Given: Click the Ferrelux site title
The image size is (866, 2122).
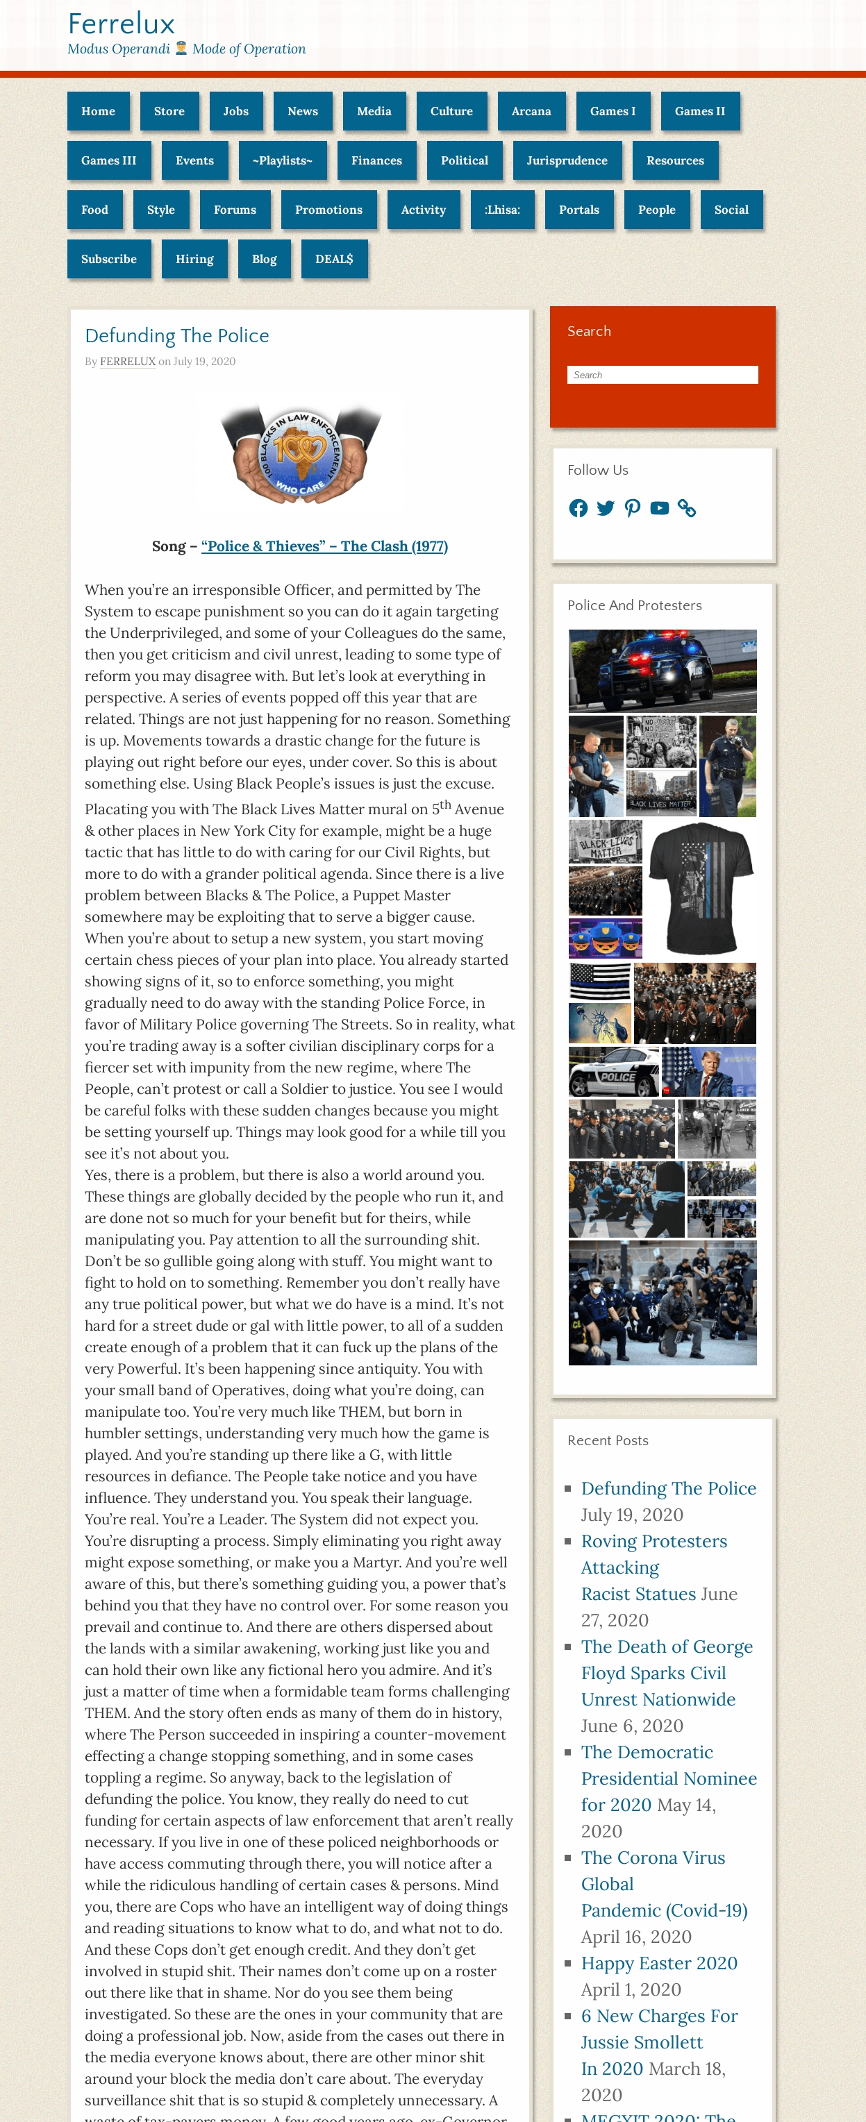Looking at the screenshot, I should coord(121,24).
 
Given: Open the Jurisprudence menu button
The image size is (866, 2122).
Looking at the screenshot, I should coord(566,160).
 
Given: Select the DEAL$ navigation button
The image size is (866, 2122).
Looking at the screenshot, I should coord(334,259).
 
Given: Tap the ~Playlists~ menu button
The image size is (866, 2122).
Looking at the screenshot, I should coord(282,160).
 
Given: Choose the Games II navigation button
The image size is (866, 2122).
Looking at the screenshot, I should coord(699,111).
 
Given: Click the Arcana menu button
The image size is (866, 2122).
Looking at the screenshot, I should coord(531,111).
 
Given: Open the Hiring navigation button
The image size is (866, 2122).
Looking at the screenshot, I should coord(194,259).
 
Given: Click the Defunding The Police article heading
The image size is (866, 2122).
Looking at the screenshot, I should coord(176,335).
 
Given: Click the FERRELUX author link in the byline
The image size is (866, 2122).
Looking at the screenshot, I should coord(128,362).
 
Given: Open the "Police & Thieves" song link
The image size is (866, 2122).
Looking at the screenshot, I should coord(324,546).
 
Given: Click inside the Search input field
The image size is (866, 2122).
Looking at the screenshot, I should coord(662,375).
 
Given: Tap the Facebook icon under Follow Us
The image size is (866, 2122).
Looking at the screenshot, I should coord(578,508).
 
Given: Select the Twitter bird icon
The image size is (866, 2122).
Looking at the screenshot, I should coord(606,508).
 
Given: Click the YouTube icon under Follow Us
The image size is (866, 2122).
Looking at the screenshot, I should coord(659,508).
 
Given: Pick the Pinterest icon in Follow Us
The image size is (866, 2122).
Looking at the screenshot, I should coord(632,508).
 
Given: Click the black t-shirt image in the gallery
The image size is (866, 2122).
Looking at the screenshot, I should coord(701,888).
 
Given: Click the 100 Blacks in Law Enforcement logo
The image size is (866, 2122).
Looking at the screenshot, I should coord(300,453).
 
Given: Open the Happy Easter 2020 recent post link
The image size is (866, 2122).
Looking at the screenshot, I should coord(658,1963).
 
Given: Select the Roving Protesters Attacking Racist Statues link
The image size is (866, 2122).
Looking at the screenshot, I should coord(653,1567).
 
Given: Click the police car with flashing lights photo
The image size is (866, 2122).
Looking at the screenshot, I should coord(662,671).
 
